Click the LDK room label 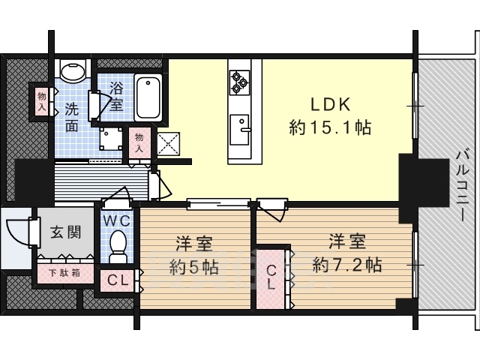331,105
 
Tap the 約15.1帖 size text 330,127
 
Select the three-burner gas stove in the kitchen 240,82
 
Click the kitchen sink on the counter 240,130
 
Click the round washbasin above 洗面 73,71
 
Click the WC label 117,220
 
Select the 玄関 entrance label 65,232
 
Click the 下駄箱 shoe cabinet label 65,273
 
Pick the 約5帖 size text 194,267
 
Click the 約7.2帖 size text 347,265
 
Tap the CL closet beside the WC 118,280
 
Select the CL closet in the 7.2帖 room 271,277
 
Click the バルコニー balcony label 462,186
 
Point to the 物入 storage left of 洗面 42,102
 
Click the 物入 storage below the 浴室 139,142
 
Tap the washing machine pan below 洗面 110,139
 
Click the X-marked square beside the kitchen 168,144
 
